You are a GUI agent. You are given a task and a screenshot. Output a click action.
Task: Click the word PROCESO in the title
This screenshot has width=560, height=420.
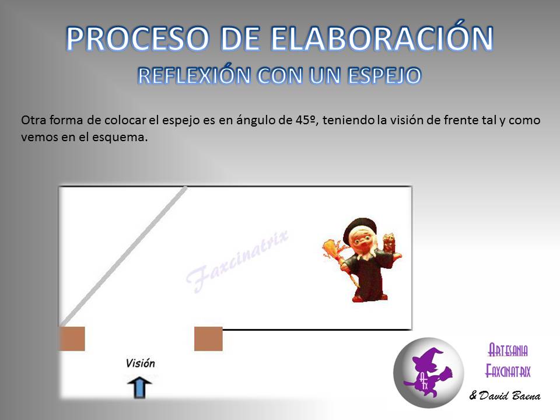click(137, 38)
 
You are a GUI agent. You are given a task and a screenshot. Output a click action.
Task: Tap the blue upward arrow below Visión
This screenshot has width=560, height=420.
click(139, 387)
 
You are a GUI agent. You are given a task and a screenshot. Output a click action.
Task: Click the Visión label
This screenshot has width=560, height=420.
click(141, 363)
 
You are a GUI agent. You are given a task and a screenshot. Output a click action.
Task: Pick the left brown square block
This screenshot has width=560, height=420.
click(72, 338)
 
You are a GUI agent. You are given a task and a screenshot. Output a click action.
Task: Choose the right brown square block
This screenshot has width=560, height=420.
click(208, 338)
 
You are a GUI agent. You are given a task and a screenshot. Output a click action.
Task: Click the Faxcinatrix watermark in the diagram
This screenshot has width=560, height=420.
click(237, 261)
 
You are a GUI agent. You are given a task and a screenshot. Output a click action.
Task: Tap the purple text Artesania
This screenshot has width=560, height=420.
click(508, 350)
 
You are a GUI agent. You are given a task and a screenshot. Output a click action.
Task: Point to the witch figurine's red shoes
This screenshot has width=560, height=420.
click(370, 297)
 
